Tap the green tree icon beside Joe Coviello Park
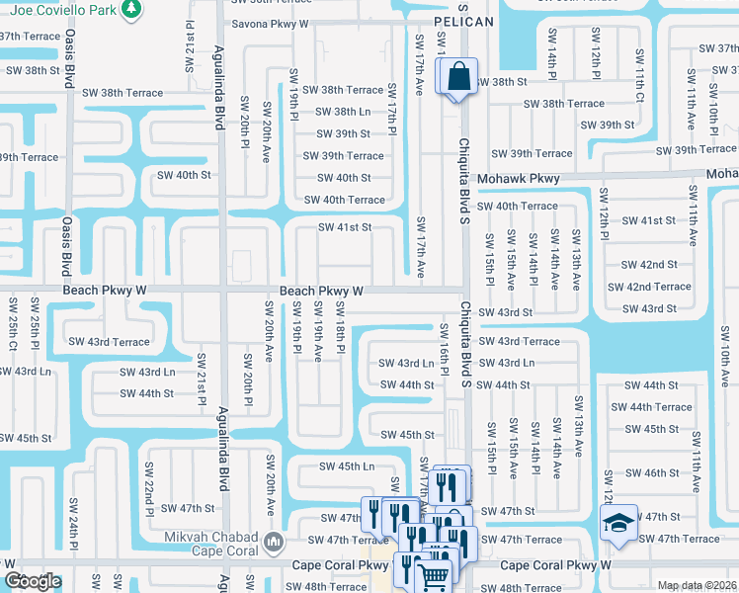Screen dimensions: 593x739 128,11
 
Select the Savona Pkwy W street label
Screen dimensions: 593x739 270,23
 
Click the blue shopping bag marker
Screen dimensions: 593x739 459,77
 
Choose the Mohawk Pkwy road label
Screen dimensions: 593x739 519,179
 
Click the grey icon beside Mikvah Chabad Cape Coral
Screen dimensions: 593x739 276,541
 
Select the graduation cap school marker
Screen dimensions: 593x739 619,522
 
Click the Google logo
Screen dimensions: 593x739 33,581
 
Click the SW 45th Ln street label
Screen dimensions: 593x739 347,466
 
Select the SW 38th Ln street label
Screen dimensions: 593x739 344,112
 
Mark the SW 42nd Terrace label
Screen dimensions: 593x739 650,287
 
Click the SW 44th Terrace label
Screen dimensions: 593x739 651,407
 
